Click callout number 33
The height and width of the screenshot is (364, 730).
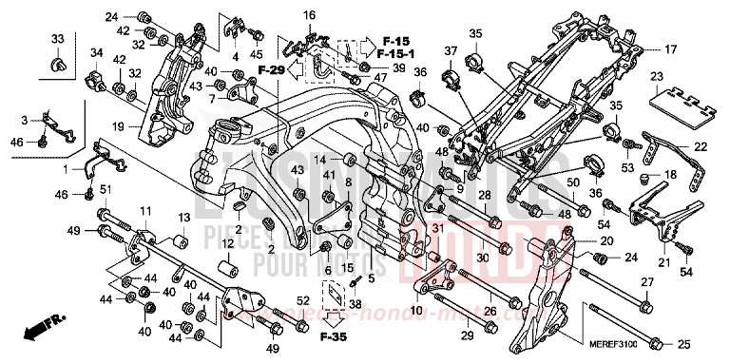[57, 39]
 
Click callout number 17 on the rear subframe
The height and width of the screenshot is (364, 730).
[670, 48]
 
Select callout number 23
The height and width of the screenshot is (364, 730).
[656, 77]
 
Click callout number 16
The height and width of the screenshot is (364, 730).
[309, 16]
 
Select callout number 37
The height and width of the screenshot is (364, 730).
[451, 49]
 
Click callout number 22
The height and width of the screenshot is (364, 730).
[701, 146]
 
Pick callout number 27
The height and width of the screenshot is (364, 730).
[646, 283]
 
